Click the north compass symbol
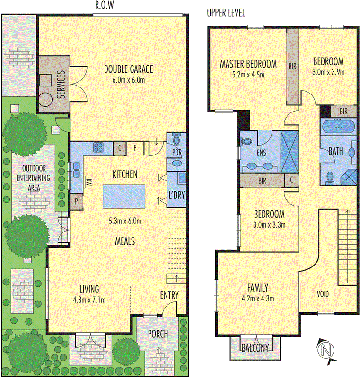tap(325, 351)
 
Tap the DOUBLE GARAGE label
tap(129, 70)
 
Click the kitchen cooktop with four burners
tap(99, 147)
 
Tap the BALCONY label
tap(255, 348)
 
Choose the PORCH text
tap(158, 334)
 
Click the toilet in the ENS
tap(246, 141)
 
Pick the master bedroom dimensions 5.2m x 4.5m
tap(248, 74)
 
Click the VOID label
tap(323, 294)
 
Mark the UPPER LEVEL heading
tap(226, 13)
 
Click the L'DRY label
tap(176, 196)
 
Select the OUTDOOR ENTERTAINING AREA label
tap(30, 177)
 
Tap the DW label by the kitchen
tap(88, 181)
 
